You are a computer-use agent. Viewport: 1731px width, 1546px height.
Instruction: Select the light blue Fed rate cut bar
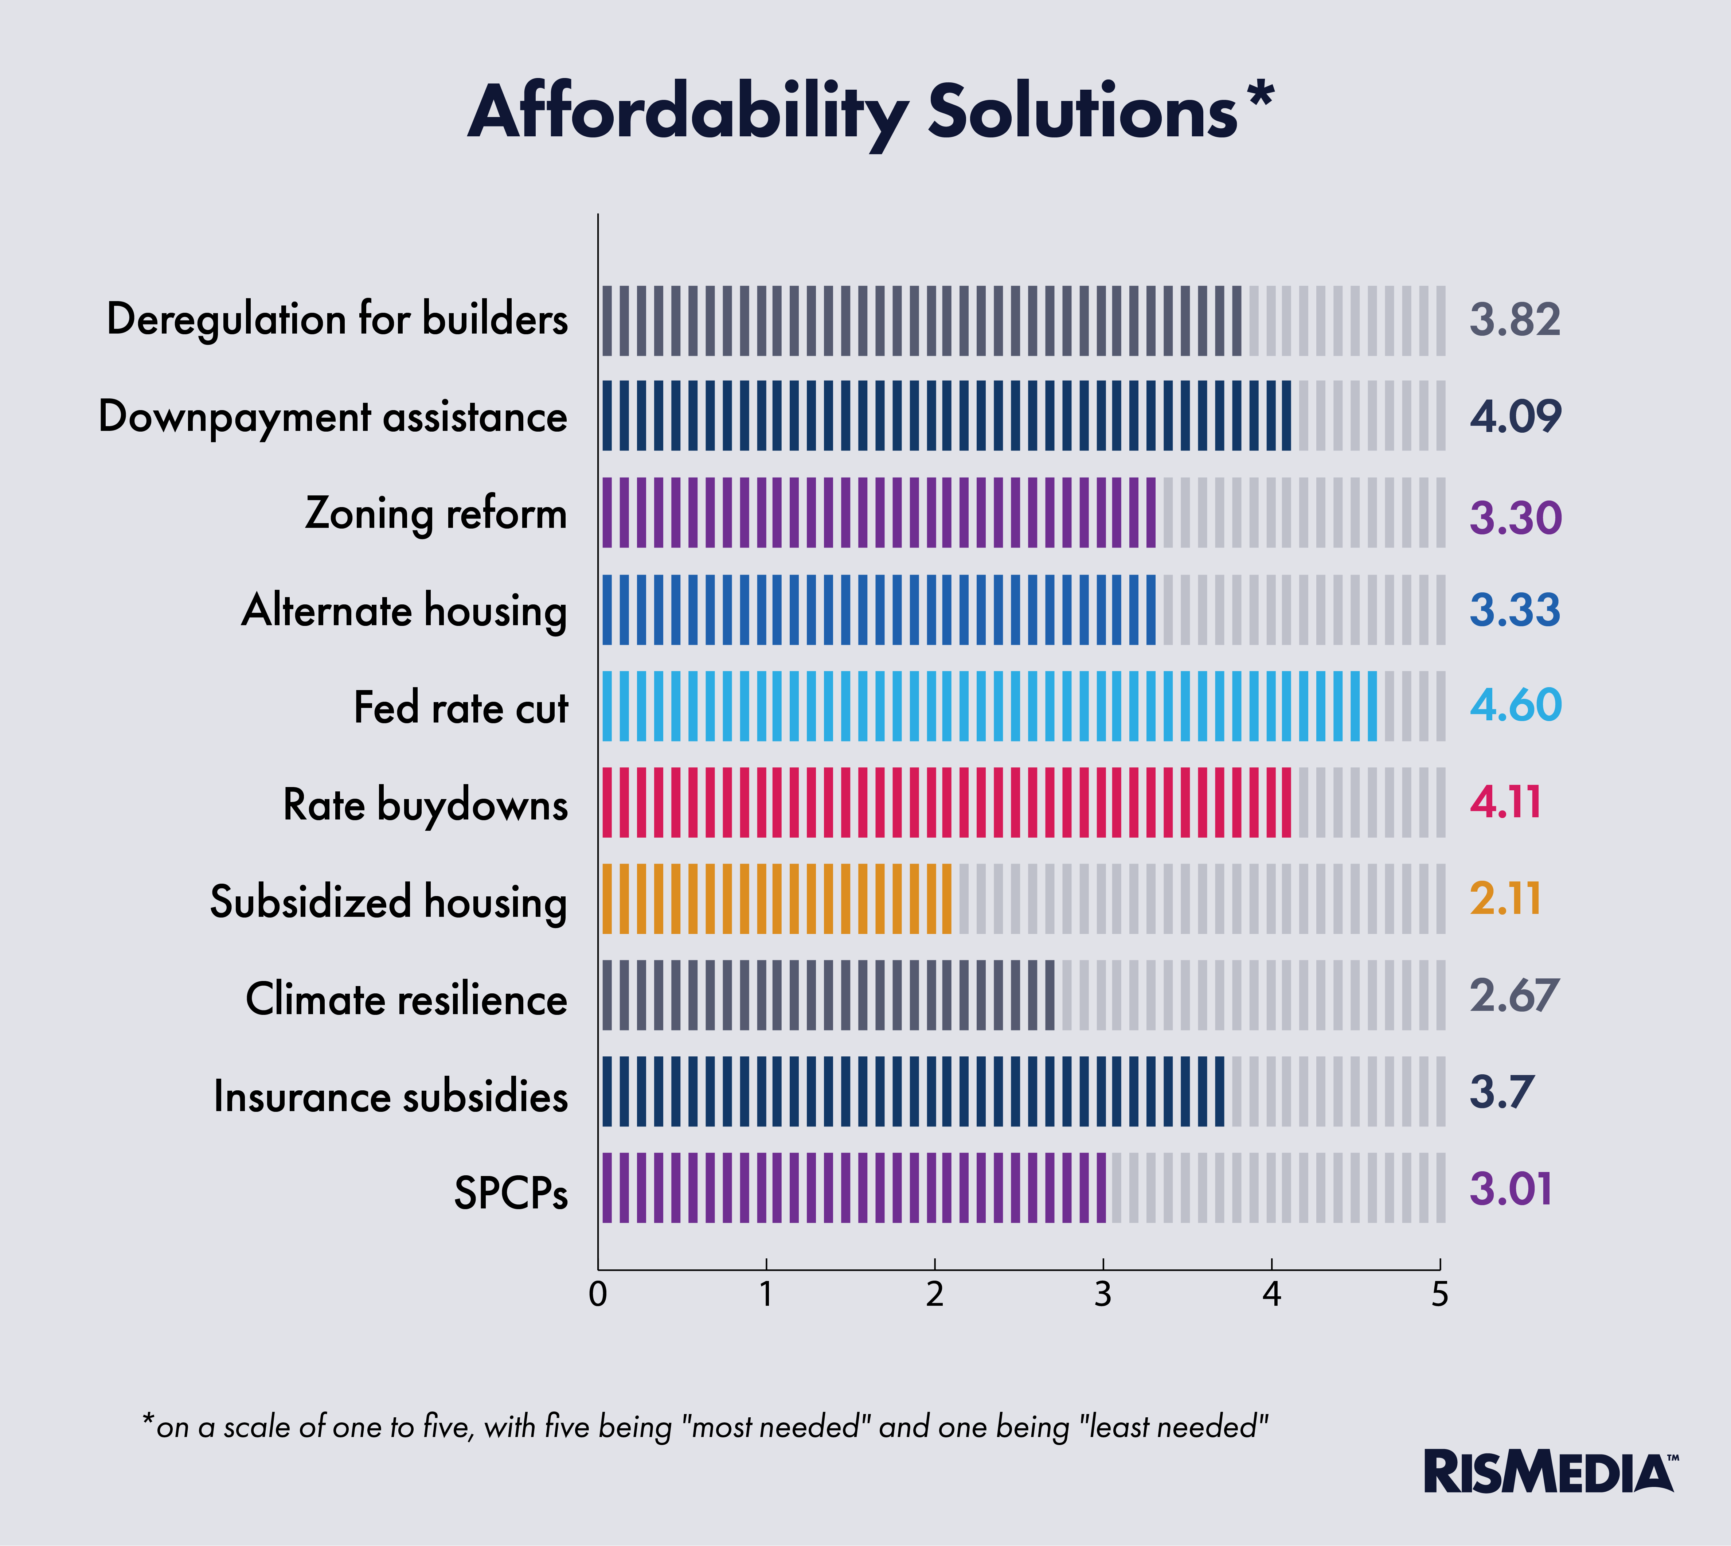point(989,706)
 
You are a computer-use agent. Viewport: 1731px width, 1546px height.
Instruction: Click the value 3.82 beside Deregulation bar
point(1515,320)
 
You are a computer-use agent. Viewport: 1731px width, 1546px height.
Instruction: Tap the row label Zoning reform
point(436,514)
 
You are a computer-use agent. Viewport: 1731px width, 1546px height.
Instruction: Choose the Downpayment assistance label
point(333,417)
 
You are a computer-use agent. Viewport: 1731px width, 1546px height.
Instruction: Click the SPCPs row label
point(511,1193)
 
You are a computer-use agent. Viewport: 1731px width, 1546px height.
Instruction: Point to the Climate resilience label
point(406,999)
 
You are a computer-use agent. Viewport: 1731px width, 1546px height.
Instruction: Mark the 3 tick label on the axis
point(1102,1294)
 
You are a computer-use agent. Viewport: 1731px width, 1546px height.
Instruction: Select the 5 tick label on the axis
point(1439,1294)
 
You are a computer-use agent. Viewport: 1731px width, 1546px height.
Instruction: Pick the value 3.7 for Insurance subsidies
point(1501,1093)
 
